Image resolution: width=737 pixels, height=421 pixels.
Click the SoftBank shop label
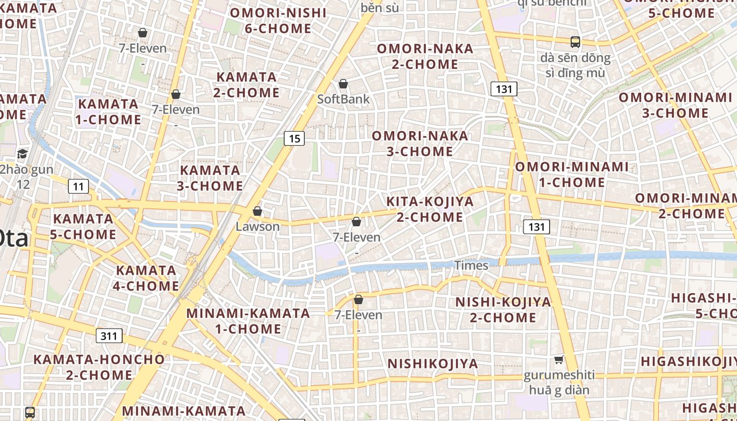click(343, 99)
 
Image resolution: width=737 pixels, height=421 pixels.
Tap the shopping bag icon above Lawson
click(257, 211)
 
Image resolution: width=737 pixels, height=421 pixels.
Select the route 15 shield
click(294, 138)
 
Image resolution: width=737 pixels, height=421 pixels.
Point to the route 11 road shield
click(78, 186)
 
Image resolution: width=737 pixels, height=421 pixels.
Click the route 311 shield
click(109, 336)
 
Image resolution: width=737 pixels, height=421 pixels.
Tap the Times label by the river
click(471, 265)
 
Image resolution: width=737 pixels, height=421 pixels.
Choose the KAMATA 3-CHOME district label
click(211, 178)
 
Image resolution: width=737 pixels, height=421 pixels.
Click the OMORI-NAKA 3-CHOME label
click(420, 144)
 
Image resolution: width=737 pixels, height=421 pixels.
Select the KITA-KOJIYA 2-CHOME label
click(430, 209)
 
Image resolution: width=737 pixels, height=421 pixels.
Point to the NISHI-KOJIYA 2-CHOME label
click(503, 309)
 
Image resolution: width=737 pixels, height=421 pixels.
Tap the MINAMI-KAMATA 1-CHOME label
click(248, 321)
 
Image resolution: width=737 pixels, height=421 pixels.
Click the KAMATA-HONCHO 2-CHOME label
click(99, 367)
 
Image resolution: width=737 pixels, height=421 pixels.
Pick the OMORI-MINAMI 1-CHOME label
click(572, 175)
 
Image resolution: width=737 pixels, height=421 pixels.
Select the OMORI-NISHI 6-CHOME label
click(278, 21)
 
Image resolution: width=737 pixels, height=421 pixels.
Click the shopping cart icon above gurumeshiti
click(559, 360)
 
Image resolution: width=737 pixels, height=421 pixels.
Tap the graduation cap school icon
click(22, 154)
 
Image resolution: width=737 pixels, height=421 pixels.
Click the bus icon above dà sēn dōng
click(575, 42)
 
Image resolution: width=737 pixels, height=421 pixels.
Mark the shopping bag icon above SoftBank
click(343, 84)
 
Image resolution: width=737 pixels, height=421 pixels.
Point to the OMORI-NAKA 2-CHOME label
click(425, 56)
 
